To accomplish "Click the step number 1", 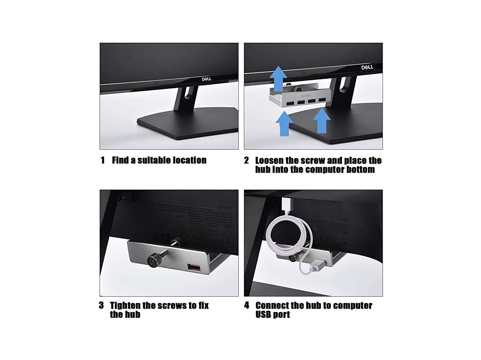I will point(103,160).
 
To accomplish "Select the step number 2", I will point(247,160).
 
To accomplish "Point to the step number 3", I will point(101,305).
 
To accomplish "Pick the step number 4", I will point(247,305).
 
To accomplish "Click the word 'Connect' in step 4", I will point(272,305).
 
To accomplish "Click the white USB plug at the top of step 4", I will point(286,204).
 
